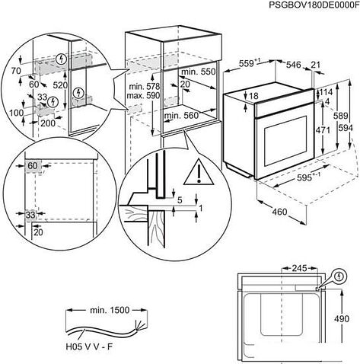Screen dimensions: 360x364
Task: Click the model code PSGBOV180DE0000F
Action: click(314, 5)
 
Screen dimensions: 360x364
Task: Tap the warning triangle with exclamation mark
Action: click(199, 172)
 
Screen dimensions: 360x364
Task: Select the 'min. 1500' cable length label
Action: click(110, 310)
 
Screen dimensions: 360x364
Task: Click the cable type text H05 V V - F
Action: click(89, 346)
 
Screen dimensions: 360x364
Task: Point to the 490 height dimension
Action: click(342, 319)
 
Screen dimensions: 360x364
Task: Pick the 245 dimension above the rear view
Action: click(299, 268)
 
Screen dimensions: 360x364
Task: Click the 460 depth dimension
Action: click(279, 212)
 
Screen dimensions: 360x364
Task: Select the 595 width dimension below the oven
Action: click(304, 178)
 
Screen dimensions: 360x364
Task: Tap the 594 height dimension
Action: click(346, 129)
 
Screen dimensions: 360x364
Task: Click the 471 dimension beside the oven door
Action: click(323, 130)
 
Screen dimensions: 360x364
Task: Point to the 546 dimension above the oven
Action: click(294, 65)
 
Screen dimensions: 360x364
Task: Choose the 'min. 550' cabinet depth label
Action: click(198, 72)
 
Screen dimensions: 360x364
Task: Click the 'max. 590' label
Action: click(143, 96)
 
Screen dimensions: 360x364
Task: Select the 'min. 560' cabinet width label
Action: click(181, 116)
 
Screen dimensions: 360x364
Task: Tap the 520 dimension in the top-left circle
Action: click(60, 85)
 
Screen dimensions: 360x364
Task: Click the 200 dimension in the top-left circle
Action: click(48, 123)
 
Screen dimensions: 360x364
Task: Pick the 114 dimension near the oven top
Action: click(326, 92)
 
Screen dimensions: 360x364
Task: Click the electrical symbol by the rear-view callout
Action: click(339, 276)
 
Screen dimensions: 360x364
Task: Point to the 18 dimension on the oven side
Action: click(253, 96)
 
